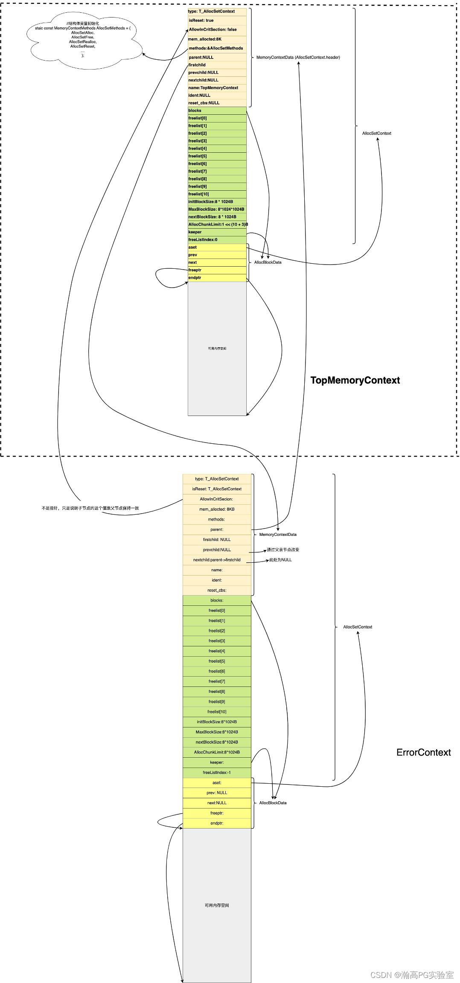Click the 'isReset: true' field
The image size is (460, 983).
[x=217, y=20]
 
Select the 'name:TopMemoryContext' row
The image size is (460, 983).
[x=217, y=88]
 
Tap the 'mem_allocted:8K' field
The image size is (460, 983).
[x=217, y=39]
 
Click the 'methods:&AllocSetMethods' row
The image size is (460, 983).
[x=217, y=48]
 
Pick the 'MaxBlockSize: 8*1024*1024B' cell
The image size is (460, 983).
[x=217, y=209]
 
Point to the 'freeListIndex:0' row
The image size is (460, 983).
[x=217, y=240]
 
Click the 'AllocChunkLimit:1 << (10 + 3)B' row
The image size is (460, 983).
[x=217, y=224]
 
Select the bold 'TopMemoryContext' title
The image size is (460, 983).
[x=355, y=380]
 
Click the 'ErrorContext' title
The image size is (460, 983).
[x=423, y=752]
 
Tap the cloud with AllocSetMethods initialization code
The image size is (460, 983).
[x=83, y=39]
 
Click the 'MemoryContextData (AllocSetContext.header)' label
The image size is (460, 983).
[x=298, y=57]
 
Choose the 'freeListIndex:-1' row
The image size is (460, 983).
[x=217, y=772]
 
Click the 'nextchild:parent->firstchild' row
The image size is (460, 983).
[x=217, y=560]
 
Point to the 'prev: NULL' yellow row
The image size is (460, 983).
[x=217, y=793]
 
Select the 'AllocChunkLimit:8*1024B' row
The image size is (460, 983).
[x=217, y=752]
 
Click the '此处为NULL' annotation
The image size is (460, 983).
[x=280, y=560]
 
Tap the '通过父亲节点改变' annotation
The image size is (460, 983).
[x=283, y=550]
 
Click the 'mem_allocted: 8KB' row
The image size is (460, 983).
[x=217, y=509]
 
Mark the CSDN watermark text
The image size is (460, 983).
[x=412, y=975]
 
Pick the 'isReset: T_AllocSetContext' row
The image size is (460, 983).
[x=217, y=489]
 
